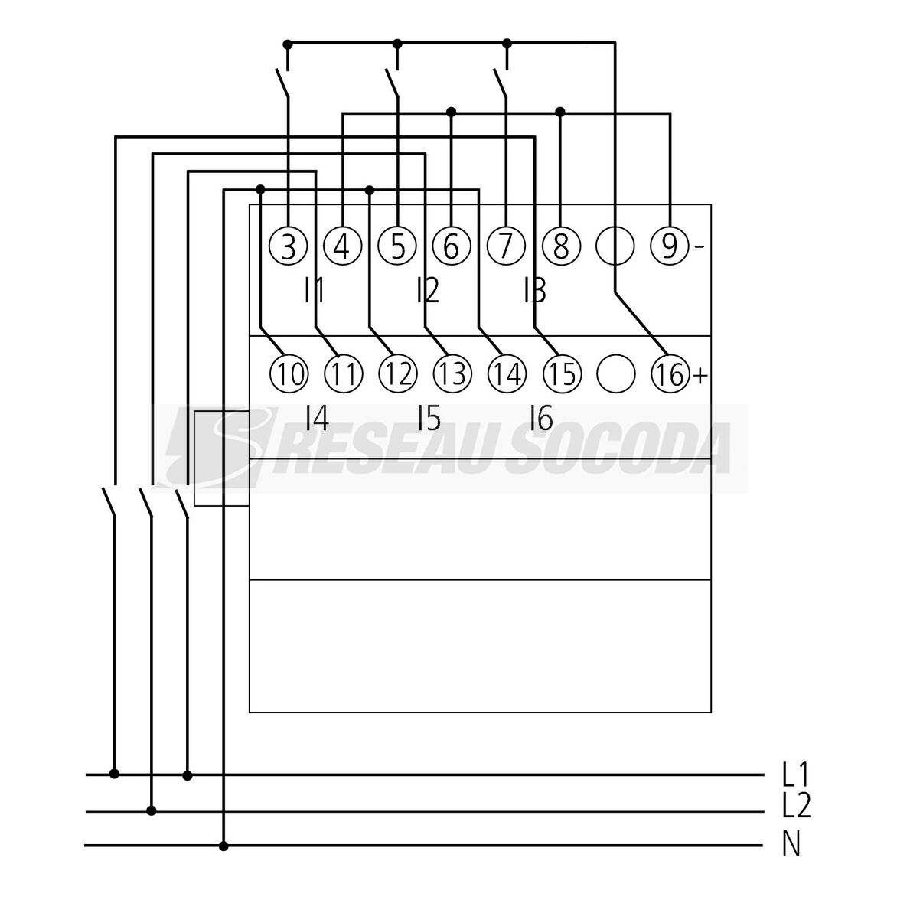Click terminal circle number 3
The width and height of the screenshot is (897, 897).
(289, 247)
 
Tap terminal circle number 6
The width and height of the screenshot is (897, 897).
(452, 247)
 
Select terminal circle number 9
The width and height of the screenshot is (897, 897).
(670, 247)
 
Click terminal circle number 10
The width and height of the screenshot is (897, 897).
(289, 374)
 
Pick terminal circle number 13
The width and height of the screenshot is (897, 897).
(452, 374)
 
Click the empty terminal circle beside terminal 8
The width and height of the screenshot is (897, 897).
(615, 247)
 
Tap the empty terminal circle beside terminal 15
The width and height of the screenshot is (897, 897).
(615, 374)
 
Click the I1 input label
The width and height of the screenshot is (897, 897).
(315, 291)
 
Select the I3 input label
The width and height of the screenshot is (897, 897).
(535, 291)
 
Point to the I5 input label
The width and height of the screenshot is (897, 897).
(429, 418)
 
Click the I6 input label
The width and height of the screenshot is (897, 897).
(541, 418)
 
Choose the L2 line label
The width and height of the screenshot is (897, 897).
(796, 806)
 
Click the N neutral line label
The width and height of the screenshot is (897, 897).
(791, 843)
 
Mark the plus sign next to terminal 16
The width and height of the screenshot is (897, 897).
(700, 375)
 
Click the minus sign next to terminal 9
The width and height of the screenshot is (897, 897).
(699, 247)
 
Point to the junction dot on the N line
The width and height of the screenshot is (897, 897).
(223, 846)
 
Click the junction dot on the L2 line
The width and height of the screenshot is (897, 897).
(151, 811)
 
